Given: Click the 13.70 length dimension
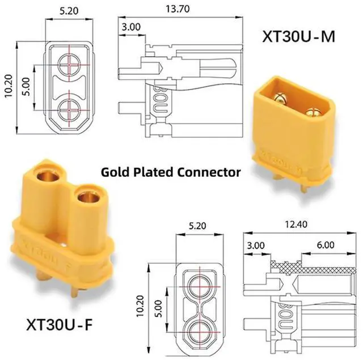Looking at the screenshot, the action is coord(178,9).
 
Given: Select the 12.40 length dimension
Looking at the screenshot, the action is coord(296,224).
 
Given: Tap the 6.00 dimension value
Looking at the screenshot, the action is coord(326,245).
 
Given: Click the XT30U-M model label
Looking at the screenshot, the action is coord(298,36).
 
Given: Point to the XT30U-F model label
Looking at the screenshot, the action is coord(60,324).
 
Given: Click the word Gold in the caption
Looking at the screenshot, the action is coord(115,172).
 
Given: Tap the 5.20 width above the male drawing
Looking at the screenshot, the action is coord(69,11).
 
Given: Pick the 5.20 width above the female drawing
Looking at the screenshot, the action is coord(197,226).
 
